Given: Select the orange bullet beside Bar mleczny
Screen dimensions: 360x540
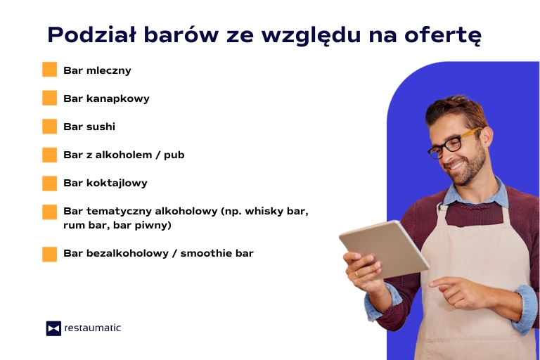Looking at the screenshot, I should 49,70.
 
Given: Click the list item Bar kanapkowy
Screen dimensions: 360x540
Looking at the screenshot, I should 106,98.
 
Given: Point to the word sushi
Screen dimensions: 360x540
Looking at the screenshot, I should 101,127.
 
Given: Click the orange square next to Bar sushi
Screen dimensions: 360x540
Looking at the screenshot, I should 49,127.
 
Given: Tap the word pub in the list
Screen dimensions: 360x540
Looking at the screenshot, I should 174,155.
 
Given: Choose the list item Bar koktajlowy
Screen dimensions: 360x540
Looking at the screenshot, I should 105,183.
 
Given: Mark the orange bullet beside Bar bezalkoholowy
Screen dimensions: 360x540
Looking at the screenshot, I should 49,254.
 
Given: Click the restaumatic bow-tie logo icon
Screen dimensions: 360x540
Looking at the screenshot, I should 53,328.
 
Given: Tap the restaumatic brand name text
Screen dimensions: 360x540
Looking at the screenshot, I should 92,328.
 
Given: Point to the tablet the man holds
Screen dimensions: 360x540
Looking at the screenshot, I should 384,247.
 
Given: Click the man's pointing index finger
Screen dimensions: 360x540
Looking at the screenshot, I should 437,282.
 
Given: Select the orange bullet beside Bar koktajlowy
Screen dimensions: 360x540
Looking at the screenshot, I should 49,184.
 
